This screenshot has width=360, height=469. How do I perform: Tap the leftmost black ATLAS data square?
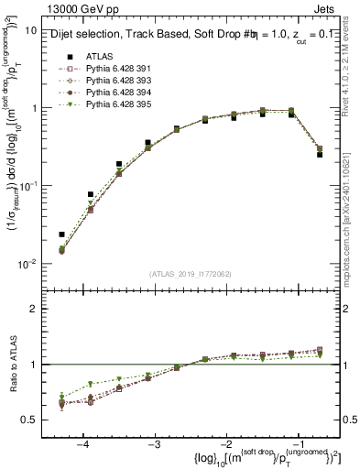[x=62, y=234]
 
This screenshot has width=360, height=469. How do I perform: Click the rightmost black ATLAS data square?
[x=320, y=155]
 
